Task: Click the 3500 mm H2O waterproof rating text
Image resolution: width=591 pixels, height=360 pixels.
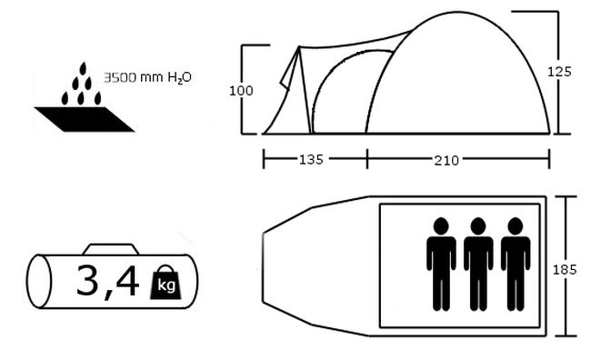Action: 147,77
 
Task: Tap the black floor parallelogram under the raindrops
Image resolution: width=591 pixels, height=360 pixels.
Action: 85,119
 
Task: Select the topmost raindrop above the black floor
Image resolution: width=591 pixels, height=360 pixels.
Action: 83,68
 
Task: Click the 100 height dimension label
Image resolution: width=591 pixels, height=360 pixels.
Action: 241,91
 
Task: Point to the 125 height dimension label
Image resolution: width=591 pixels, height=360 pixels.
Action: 559,72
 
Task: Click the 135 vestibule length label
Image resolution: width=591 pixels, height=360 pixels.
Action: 311,159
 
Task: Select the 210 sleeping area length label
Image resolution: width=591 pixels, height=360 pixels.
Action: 446,161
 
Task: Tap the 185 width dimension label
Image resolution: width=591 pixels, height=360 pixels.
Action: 565,269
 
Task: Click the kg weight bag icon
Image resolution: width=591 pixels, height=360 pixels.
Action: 165,283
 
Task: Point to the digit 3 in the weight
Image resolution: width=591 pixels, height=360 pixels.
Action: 87,279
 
